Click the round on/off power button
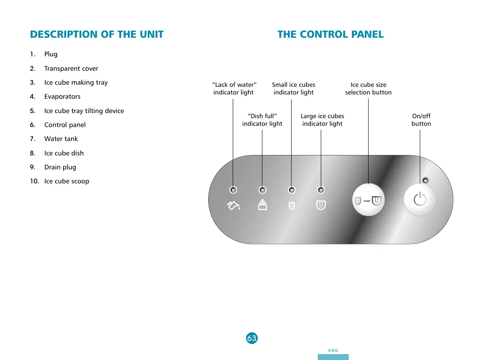coord(420,199)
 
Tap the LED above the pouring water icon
coord(233,190)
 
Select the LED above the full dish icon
coord(262,190)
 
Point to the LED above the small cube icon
coord(292,190)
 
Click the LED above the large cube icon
coord(321,190)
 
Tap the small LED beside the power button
coord(426,181)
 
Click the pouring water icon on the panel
coord(233,206)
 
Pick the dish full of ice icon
coord(262,205)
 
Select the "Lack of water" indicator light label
coord(234,89)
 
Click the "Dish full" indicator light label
coord(262,120)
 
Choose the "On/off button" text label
coord(421,120)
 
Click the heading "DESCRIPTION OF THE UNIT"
coord(97,35)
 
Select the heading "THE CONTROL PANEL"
coord(330,35)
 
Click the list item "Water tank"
coord(61,139)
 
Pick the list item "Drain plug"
coord(60,167)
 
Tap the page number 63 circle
coord(252,338)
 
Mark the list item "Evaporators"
coord(62,97)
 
